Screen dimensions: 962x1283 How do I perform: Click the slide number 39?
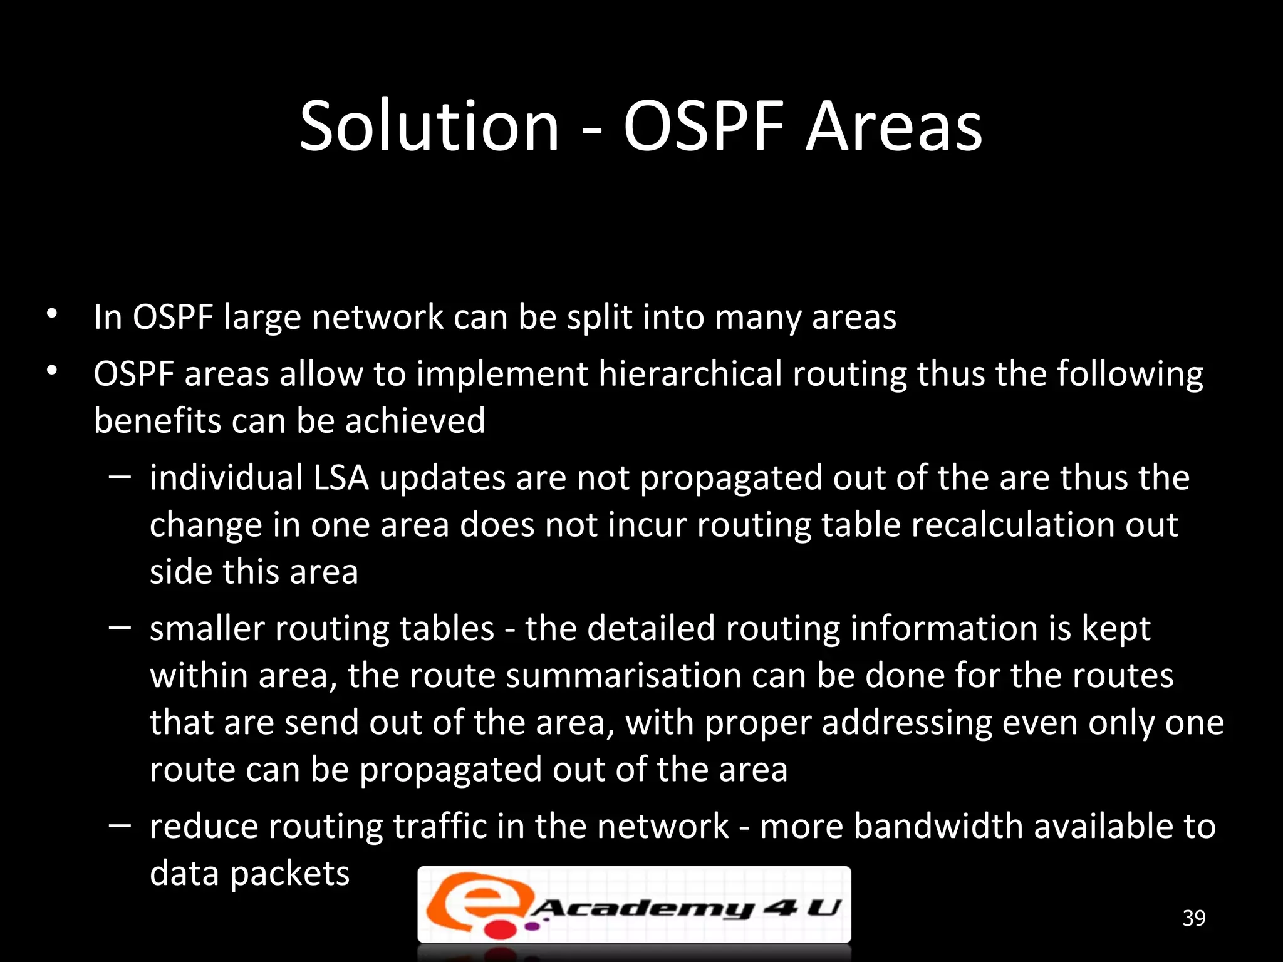[1193, 918]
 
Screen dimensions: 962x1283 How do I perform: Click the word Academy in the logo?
[643, 908]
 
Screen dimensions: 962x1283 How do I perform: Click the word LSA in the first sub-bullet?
[341, 478]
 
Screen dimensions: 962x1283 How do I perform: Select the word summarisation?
[623, 676]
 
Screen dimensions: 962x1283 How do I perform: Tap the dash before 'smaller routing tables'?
[119, 628]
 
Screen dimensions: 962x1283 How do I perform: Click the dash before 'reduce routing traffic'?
[119, 826]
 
